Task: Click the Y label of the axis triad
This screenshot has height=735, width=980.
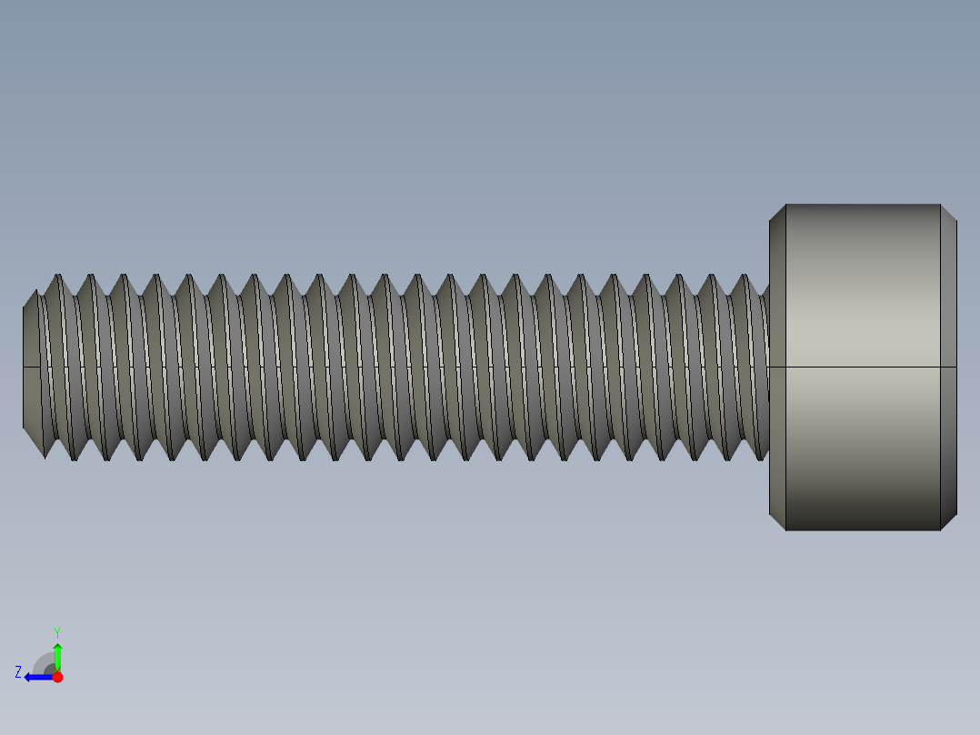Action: tap(56, 631)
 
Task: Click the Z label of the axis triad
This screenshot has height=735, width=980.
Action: tap(18, 672)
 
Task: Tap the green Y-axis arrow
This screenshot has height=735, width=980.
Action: tap(57, 655)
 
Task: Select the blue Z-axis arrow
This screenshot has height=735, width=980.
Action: tap(37, 677)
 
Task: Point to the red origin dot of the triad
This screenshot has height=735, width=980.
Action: tap(57, 677)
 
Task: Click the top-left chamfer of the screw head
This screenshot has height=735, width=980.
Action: tap(777, 212)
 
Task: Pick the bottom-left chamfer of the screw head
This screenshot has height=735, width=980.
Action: tap(777, 522)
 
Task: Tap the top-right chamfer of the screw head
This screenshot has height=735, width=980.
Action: tap(948, 212)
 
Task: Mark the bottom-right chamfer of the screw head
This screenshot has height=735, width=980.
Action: tap(948, 522)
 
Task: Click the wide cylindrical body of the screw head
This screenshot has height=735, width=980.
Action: tap(862, 291)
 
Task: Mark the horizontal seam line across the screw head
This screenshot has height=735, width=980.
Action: tap(862, 367)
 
